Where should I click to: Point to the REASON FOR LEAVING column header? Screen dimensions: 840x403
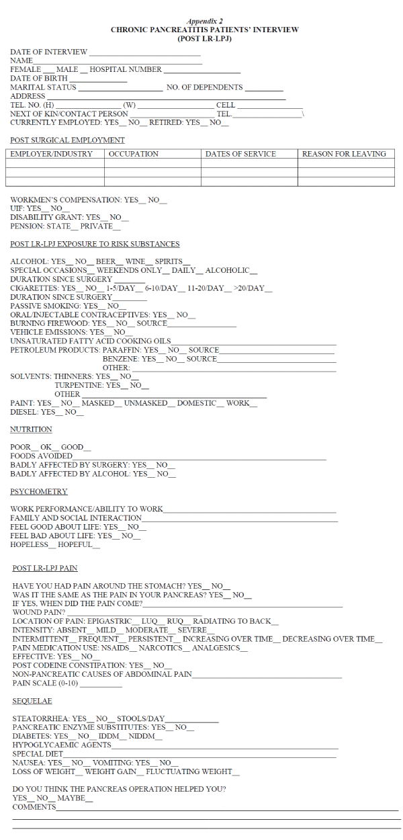pyautogui.click(x=344, y=154)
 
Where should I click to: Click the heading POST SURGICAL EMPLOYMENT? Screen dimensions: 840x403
pyautogui.click(x=67, y=140)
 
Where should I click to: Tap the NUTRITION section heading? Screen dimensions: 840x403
pyautogui.click(x=31, y=429)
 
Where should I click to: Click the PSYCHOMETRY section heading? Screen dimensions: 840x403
pyautogui.click(x=39, y=492)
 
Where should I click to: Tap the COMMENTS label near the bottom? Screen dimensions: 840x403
pyautogui.click(x=34, y=806)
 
